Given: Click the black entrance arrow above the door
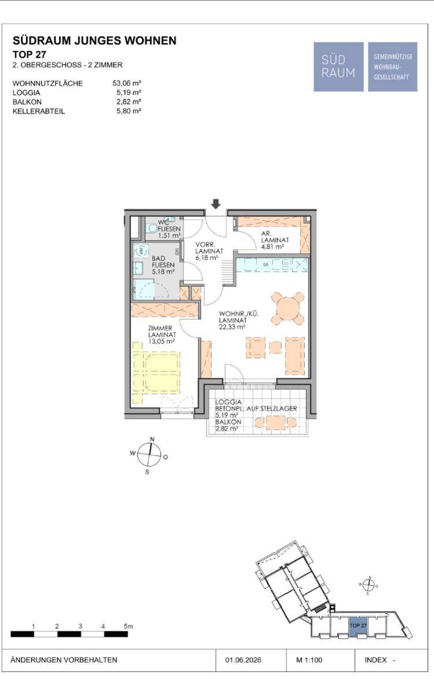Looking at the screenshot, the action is (216, 204).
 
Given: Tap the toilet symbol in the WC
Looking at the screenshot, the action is (152, 228).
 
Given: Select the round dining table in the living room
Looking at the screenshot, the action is (288, 309).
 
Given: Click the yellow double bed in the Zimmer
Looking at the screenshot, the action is (156, 373).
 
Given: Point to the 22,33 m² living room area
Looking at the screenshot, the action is (232, 327).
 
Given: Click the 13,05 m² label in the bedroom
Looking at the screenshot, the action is (161, 341).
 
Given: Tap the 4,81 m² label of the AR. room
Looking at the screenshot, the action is (273, 247).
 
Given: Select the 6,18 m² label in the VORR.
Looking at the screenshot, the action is (207, 258).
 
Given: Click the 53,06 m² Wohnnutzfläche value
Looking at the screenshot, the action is (127, 83).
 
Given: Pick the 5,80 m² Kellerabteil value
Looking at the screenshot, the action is (128, 111).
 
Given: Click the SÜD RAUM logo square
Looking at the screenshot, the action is (339, 67).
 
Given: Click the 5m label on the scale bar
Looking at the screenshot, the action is (128, 626).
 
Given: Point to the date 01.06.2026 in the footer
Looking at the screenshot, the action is (243, 660).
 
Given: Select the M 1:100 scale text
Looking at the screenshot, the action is (309, 660).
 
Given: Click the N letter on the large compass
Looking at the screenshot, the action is (152, 440).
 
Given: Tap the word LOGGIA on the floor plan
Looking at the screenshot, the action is (229, 402).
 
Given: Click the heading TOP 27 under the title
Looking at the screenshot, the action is (30, 54).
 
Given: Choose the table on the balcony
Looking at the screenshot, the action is (275, 423).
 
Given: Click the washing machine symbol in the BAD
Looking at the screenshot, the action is (141, 250).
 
